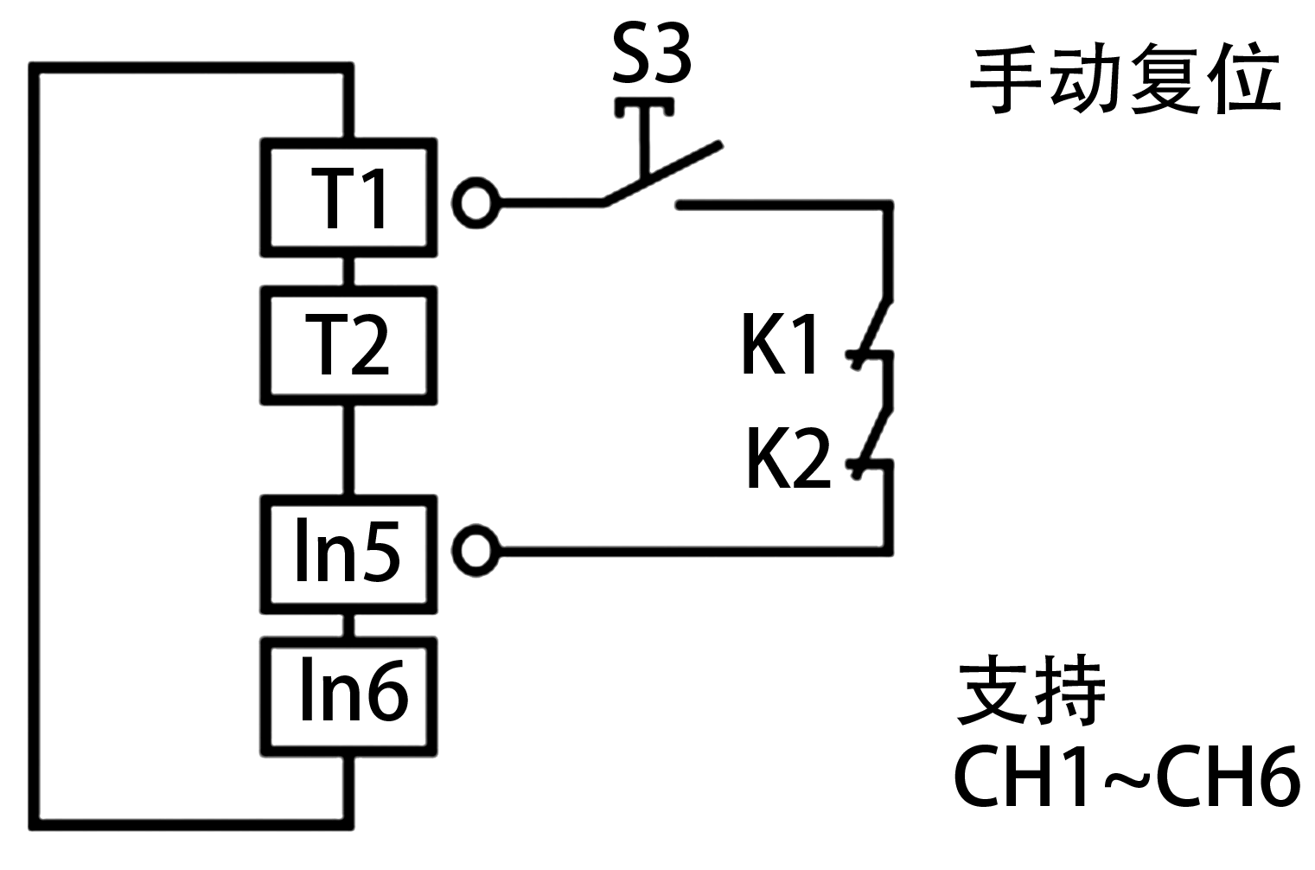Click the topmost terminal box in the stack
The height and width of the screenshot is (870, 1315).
point(348,197)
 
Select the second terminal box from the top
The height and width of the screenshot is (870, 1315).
point(348,345)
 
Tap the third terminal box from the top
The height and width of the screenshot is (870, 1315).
point(348,553)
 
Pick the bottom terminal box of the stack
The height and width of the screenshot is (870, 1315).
point(348,696)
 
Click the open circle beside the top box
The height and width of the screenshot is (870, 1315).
point(476,203)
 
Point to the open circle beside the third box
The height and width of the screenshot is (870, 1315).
point(476,550)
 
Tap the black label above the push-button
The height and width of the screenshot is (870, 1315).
point(650,52)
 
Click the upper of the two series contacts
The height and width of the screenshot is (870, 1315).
point(871,333)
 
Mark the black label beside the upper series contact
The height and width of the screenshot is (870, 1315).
point(778,343)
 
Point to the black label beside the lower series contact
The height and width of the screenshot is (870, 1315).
point(788,457)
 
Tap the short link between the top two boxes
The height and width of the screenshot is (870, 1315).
point(348,271)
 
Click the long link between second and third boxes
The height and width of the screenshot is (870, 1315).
point(348,450)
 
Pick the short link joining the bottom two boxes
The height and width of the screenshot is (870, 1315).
point(348,625)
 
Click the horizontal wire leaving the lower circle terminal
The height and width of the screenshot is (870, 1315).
point(692,549)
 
